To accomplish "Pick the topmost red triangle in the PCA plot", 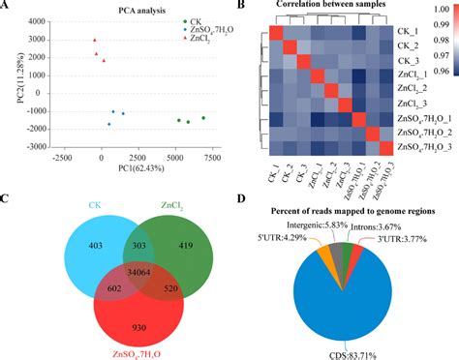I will click(x=95, y=41).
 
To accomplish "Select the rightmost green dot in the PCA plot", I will click(x=203, y=118).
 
